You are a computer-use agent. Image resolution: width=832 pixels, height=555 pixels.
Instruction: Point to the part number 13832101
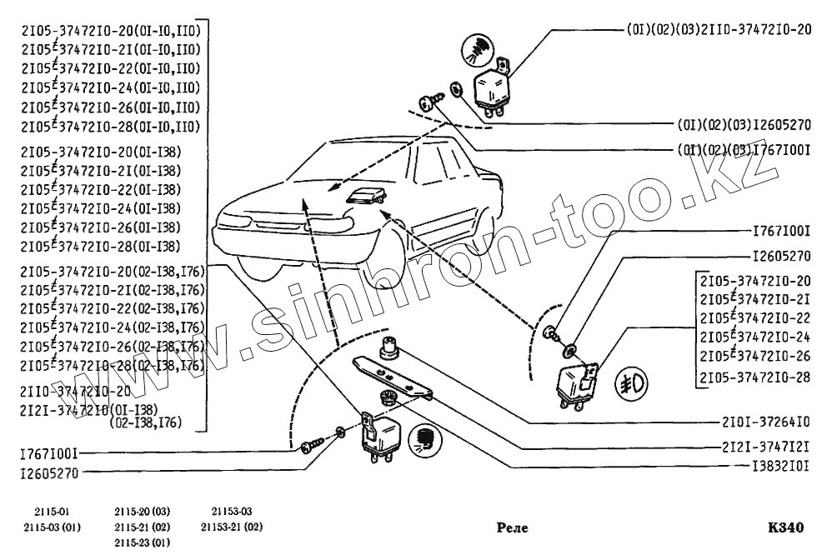(x=768, y=467)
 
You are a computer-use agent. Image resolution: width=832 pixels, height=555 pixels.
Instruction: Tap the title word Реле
(x=512, y=527)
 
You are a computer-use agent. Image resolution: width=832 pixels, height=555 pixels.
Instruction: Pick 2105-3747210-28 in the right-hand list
(x=755, y=377)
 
